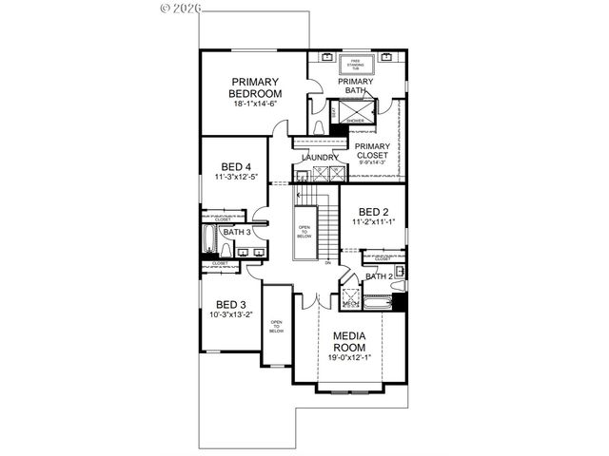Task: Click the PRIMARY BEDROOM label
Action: pos(256,87)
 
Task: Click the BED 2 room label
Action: pos(371,212)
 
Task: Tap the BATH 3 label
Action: pos(236,231)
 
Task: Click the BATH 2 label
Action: pos(378,275)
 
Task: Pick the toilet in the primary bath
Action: pos(319,124)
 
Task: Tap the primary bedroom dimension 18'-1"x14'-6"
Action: pos(256,104)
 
